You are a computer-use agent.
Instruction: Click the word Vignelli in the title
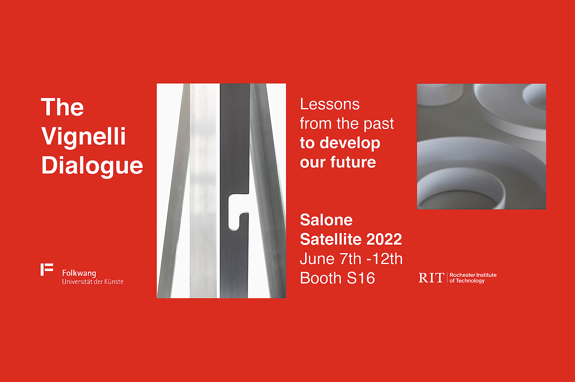(x=83, y=136)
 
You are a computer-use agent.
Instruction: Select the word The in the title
(x=62, y=107)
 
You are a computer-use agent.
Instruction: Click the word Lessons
(x=330, y=104)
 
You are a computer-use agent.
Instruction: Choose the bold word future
(x=353, y=162)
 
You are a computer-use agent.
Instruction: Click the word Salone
(x=326, y=220)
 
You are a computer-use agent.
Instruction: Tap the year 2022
(x=384, y=239)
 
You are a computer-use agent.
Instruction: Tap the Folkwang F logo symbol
(x=47, y=269)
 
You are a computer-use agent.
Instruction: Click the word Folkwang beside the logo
(x=79, y=273)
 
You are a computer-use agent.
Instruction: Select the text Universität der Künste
(x=93, y=282)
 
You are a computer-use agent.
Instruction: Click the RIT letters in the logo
(x=431, y=278)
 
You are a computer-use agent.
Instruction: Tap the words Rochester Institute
(x=473, y=275)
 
